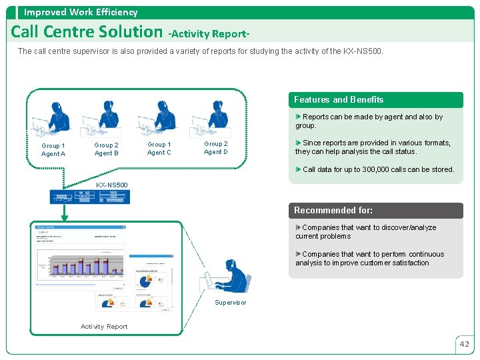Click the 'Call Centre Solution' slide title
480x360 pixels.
[x=87, y=31]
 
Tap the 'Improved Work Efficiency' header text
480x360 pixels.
[x=81, y=12]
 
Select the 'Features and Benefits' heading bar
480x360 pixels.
[x=375, y=100]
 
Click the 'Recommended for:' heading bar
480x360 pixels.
[x=375, y=211]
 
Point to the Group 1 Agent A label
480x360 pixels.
[x=53, y=150]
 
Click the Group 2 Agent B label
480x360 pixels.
[x=107, y=149]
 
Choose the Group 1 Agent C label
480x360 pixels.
[x=159, y=149]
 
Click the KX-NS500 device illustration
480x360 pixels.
[x=90, y=197]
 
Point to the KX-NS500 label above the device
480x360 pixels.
[x=112, y=185]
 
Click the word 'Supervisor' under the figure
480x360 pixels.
[x=231, y=303]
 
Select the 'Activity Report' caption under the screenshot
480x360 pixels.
[x=104, y=327]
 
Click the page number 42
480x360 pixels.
[x=465, y=345]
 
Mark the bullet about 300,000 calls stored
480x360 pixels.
[x=377, y=169]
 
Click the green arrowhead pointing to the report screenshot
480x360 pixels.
[x=65, y=215]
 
